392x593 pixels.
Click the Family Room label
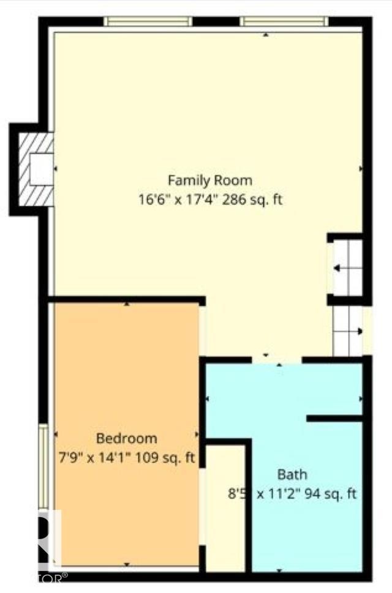[x=210, y=181]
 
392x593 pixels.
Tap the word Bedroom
[x=126, y=438]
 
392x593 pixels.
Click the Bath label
[x=292, y=474]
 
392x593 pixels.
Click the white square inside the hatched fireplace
[x=42, y=169]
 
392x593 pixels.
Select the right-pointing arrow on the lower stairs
[x=359, y=332]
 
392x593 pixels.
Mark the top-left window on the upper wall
[x=148, y=21]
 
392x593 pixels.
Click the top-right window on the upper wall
[x=284, y=21]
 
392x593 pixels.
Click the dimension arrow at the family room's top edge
[x=265, y=35]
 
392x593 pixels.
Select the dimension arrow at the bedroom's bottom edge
[x=127, y=564]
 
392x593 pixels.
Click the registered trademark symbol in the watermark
[x=65, y=576]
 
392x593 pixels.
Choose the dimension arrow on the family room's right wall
[x=360, y=168]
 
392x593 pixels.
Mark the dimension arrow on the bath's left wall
[x=208, y=399]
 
